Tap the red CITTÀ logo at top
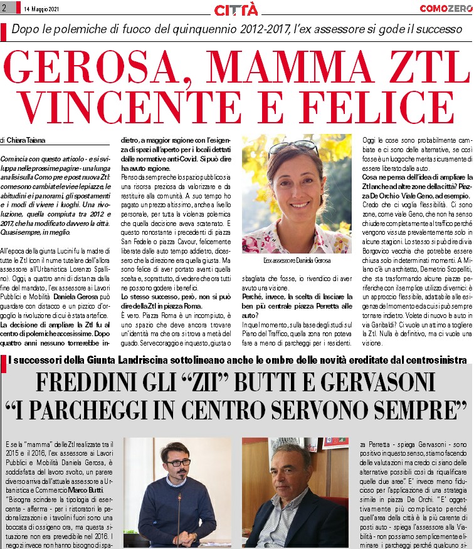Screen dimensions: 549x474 tap(236, 9)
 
